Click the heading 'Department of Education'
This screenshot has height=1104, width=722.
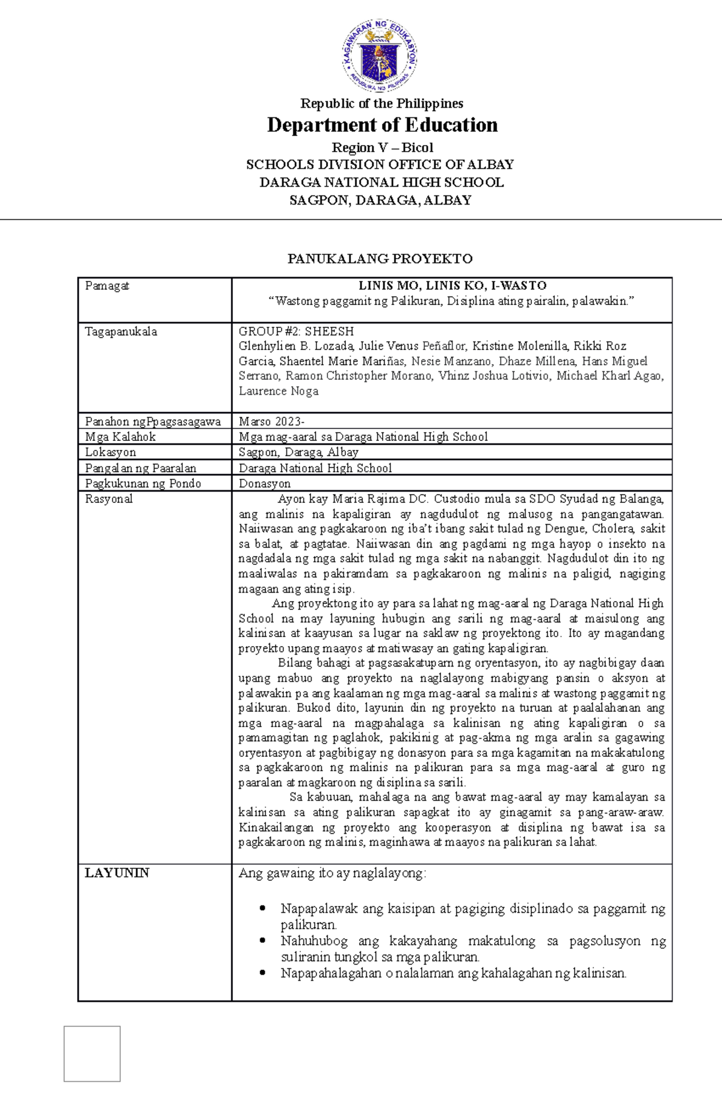point(382,125)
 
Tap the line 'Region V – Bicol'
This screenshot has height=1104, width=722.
point(382,147)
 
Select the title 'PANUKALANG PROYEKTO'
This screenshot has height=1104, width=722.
point(380,259)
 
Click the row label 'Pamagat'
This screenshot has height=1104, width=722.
point(107,286)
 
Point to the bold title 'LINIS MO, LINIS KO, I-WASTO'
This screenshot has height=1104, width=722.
point(452,286)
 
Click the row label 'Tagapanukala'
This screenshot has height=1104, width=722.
point(121,332)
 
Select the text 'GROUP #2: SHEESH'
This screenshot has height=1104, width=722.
point(296,332)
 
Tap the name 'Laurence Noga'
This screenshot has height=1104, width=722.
point(279,391)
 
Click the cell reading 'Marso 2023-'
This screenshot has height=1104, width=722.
point(271,421)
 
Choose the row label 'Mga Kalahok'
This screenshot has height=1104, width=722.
point(120,437)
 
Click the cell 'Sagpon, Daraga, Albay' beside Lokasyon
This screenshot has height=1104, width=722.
point(298,452)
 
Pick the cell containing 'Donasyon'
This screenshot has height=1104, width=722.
point(265,483)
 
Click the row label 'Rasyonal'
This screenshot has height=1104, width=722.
point(109,499)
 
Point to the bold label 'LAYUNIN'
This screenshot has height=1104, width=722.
point(117,873)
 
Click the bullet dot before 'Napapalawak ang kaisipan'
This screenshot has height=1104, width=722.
point(262,908)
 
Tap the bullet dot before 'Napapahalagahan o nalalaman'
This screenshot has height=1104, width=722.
point(262,973)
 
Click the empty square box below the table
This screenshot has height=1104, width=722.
point(92,1053)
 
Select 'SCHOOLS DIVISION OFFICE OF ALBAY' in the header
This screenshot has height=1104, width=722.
point(380,165)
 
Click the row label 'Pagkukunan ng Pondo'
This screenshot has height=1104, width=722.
point(143,483)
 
